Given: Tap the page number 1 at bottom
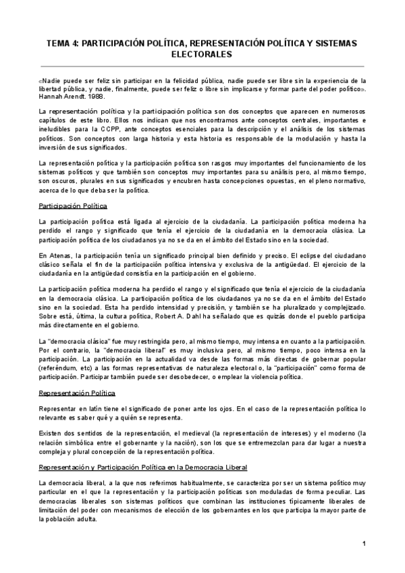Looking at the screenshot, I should [363, 544].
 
